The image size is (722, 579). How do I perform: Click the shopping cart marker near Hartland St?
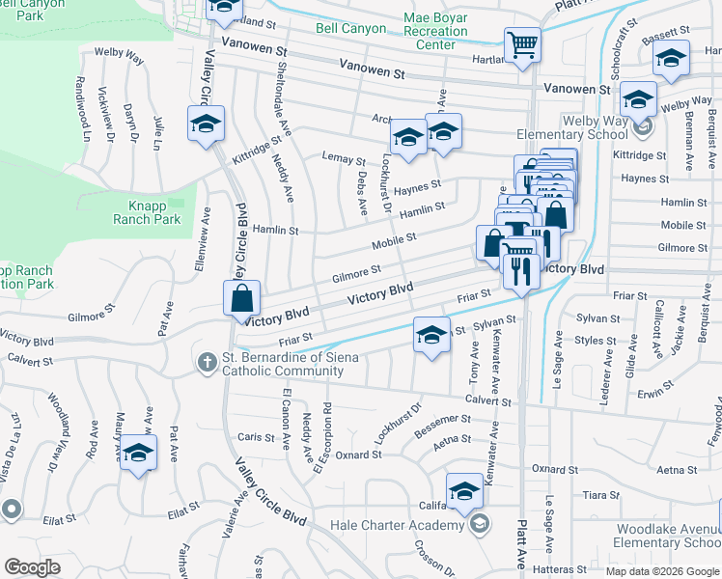pyautogui.click(x=522, y=43)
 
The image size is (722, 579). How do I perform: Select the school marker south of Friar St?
pyautogui.click(x=432, y=335)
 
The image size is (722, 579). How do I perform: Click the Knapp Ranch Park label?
pyautogui.click(x=155, y=212)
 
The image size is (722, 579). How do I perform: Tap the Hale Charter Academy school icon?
pyautogui.click(x=479, y=524)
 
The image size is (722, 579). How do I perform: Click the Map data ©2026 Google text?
pyautogui.click(x=662, y=571)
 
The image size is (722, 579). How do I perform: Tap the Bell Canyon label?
pyautogui.click(x=353, y=29)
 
